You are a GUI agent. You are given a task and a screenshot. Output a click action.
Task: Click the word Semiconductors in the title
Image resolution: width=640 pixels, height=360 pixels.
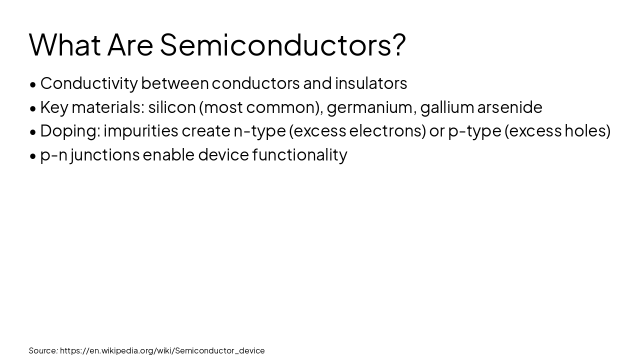[282, 44]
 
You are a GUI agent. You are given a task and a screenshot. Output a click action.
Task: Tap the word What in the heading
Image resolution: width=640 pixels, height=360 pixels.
[65, 44]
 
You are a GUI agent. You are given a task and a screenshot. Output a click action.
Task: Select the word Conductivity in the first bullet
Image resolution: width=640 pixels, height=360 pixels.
[88, 83]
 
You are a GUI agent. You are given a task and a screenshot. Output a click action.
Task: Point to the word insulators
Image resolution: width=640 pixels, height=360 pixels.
[371, 83]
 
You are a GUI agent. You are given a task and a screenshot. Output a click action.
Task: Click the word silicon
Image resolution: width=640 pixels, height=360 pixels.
[171, 107]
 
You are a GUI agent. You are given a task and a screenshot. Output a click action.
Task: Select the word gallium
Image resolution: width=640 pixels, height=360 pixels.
[447, 107]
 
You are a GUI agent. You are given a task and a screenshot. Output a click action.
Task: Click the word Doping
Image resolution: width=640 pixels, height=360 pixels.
[70, 130]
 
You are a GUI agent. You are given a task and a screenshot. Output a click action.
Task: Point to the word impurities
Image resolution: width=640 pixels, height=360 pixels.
[140, 130]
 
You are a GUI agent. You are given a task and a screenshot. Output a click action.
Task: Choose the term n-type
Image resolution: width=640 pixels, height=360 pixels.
[259, 130]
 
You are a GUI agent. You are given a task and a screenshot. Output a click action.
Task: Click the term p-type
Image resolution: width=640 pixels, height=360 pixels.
[474, 130]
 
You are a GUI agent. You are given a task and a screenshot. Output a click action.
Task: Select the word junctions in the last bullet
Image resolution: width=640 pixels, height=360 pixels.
[104, 155]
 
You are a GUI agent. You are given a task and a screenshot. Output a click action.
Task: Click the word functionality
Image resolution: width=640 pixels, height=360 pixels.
[299, 155]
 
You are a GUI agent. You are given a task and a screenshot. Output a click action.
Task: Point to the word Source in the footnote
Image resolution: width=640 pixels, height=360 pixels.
[43, 350]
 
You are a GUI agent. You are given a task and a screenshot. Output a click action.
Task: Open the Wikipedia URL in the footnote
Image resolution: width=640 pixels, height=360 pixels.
[162, 350]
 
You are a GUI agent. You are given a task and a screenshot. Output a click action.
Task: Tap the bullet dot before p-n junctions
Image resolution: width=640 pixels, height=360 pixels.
[33, 156]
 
